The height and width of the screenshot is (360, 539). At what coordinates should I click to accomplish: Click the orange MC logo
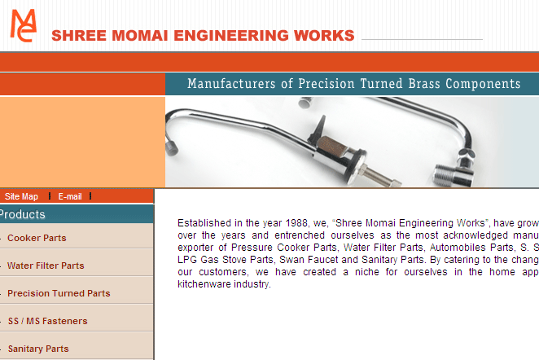click(x=24, y=25)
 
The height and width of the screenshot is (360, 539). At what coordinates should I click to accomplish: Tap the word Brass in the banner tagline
click(x=424, y=84)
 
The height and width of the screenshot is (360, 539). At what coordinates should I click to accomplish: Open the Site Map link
click(x=21, y=196)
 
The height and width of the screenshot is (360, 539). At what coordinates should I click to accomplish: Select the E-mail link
click(x=70, y=196)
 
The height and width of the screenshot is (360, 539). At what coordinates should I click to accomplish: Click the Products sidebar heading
click(x=22, y=214)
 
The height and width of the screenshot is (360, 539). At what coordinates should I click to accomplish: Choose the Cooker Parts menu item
click(x=37, y=238)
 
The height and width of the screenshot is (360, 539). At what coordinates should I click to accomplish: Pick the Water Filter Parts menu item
click(x=46, y=266)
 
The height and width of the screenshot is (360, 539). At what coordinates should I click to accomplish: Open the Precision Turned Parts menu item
click(x=59, y=293)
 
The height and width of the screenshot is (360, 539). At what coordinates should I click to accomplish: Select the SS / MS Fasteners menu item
click(x=48, y=321)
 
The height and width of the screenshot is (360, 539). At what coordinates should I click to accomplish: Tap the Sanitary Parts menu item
click(x=38, y=349)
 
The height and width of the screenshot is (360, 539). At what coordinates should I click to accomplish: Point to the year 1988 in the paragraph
click(x=296, y=223)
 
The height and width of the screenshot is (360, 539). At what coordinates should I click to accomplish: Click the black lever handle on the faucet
click(x=318, y=130)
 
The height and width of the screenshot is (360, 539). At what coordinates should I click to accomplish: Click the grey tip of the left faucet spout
click(x=172, y=148)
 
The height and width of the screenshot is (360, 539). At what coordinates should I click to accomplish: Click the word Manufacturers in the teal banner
click(x=231, y=84)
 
